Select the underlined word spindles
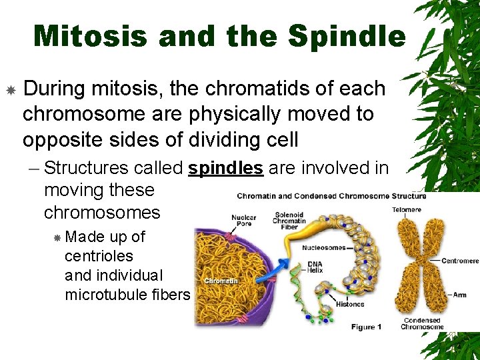[225, 168]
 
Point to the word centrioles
[99, 256]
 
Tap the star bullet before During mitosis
[11, 89]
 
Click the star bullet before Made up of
[58, 237]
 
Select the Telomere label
[407, 209]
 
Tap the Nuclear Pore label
[243, 222]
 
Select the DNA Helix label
[315, 268]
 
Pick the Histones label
[350, 304]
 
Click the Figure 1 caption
[366, 327]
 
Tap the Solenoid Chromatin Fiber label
[290, 221]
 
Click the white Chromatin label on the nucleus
[221, 281]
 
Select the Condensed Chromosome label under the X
[422, 323]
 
